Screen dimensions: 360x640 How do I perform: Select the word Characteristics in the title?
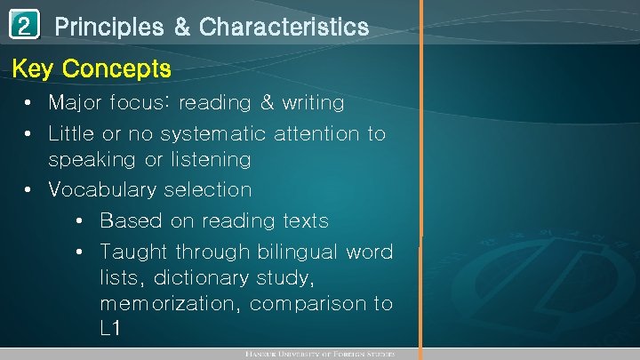pyautogui.click(x=284, y=28)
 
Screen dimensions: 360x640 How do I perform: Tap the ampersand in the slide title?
pyautogui.click(x=182, y=28)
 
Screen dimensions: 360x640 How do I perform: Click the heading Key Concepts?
pyautogui.click(x=92, y=68)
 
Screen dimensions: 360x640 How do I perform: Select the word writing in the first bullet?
pyautogui.click(x=313, y=103)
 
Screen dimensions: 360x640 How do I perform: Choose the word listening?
pyautogui.click(x=202, y=160)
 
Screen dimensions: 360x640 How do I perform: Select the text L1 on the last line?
pyautogui.click(x=110, y=329)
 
